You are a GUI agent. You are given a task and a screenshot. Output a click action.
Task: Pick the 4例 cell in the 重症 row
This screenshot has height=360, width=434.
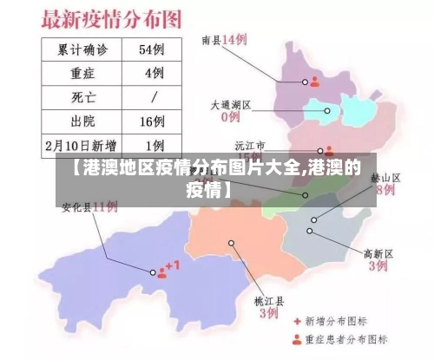[x=154, y=72]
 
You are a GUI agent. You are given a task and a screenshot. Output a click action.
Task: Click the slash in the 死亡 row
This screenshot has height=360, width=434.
[x=154, y=95]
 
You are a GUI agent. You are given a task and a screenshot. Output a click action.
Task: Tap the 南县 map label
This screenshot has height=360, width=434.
[x=211, y=40]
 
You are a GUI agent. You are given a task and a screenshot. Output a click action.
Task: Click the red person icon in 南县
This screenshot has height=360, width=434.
[x=315, y=82]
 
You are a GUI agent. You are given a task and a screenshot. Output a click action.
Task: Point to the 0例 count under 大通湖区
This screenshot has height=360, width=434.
[x=231, y=116]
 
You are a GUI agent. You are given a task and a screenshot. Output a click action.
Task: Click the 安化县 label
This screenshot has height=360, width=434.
[x=76, y=207]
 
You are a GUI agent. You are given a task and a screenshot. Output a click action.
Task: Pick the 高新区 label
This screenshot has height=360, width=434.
[x=378, y=253]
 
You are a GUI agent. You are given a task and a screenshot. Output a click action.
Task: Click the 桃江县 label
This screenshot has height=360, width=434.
[x=269, y=300]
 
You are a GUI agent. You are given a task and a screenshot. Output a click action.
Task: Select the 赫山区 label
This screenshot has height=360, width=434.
[x=385, y=177]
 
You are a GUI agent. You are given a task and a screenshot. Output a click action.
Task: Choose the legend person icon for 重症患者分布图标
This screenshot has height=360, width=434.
[x=297, y=339]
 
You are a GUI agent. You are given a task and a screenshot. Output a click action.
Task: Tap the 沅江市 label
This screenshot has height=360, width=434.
[x=250, y=145]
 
